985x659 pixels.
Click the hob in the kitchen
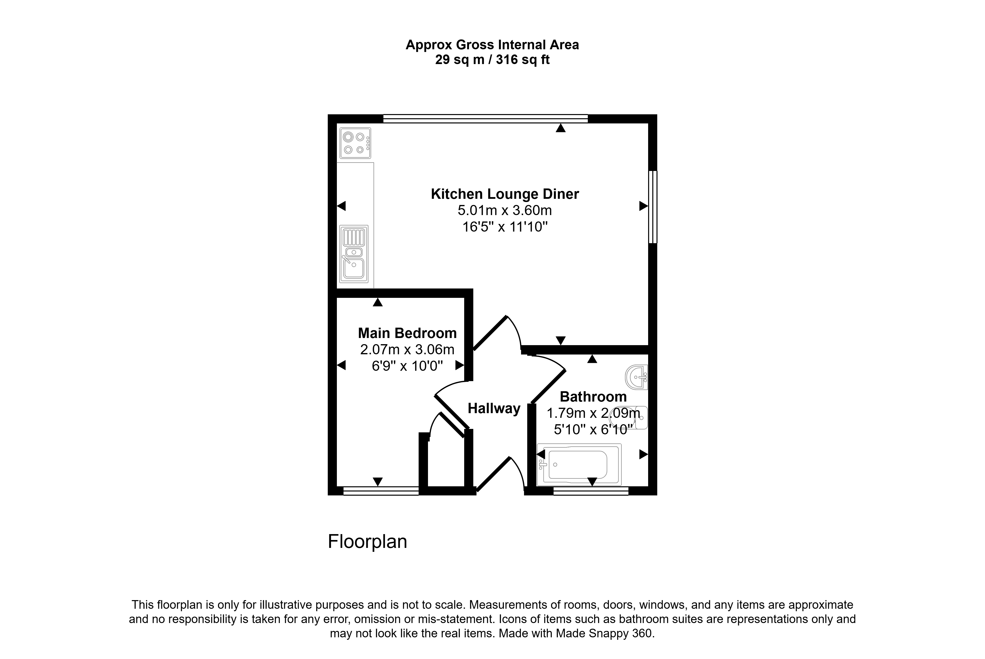point(355,143)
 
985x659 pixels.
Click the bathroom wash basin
point(636,377)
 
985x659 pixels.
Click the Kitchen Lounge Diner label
point(505,194)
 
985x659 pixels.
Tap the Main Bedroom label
point(407,333)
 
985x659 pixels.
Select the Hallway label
point(494,408)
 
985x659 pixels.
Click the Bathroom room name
point(593,397)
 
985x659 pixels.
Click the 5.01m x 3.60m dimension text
point(505,210)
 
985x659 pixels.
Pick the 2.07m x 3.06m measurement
point(407,350)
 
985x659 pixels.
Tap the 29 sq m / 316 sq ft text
point(492,60)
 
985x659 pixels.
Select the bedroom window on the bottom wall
point(381,491)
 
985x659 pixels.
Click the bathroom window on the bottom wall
point(591,491)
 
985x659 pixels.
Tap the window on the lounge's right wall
point(653,207)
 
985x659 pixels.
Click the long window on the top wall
point(486,118)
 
